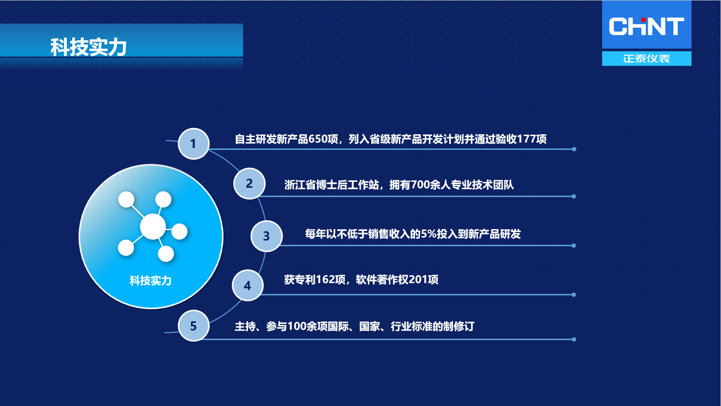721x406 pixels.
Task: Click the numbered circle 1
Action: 194,144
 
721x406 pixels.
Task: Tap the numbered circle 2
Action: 250,184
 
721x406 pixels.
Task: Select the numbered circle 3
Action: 267,236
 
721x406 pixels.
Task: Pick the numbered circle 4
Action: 248,286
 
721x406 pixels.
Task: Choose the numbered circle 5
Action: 194,326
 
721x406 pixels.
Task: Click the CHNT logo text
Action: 647,26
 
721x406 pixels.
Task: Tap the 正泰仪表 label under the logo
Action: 647,58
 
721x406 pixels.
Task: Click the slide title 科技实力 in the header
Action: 88,47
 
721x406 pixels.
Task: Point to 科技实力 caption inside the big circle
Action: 150,281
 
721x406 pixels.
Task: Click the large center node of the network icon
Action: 153,227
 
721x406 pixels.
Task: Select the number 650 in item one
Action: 318,139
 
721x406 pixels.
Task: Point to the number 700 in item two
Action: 420,185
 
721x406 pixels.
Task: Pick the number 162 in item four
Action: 326,279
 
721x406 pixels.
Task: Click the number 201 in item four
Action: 418,279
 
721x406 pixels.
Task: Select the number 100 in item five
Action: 297,326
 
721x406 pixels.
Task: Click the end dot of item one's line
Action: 574,149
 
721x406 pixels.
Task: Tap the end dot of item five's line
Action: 574,339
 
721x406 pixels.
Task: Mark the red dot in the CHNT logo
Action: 644,20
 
